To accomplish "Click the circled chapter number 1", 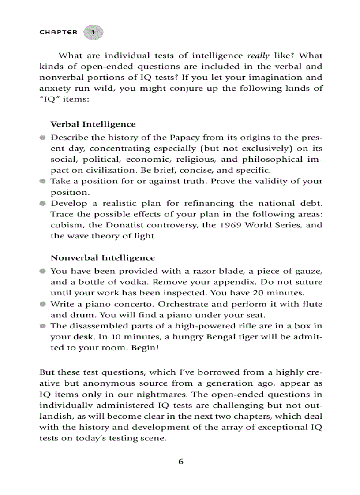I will coord(93,33).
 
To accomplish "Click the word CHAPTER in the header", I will coord(58,33).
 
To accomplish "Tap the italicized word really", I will coord(258,56).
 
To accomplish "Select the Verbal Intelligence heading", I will coord(93,124).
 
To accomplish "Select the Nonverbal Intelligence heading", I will coord(103,257).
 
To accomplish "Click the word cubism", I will coord(66,225).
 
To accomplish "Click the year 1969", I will coord(227,225).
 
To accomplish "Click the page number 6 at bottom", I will coord(180,462).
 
